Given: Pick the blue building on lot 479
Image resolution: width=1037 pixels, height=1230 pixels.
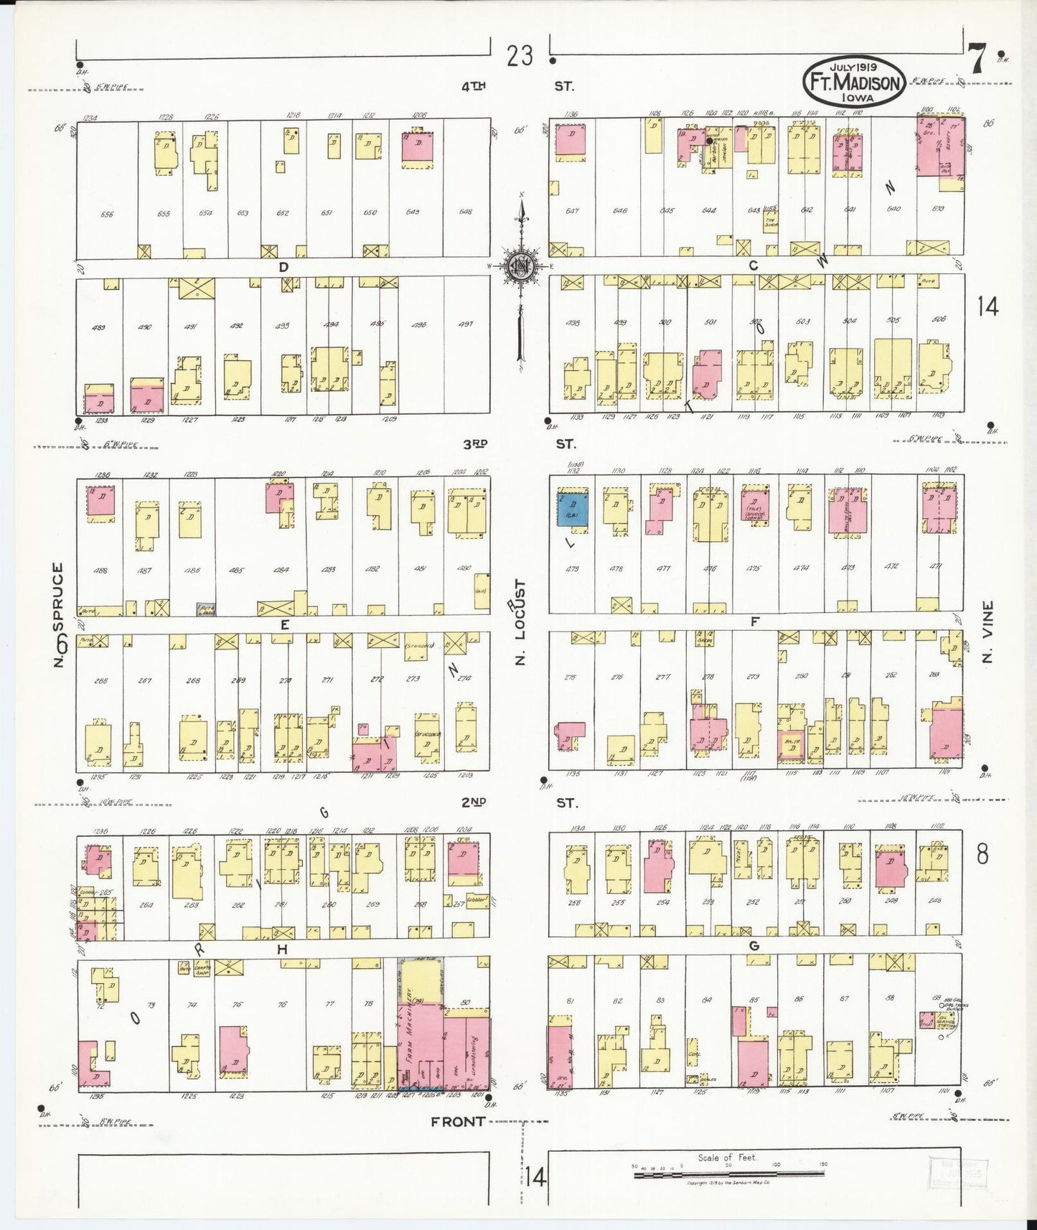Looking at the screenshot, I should coord(573,511).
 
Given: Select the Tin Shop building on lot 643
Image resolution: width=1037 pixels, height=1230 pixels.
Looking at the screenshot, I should coord(771,222).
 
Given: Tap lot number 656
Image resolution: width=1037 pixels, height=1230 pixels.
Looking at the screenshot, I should coord(107,214).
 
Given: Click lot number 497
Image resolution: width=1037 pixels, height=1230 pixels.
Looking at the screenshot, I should coord(465,324).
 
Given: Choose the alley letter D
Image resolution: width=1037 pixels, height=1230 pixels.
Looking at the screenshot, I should coord(283,267).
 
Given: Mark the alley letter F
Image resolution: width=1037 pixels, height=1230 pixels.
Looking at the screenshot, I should coord(754,622).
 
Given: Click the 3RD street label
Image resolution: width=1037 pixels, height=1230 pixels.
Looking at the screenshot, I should coord(475,445).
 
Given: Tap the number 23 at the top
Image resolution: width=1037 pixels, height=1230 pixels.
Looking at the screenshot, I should coord(519,56).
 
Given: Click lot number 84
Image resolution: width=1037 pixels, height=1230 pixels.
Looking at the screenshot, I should coord(707,1000).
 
